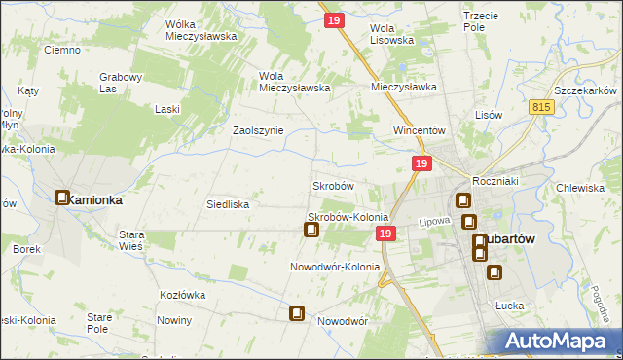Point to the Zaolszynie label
tap(257, 129)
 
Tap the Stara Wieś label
tap(130, 240)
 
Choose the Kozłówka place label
tap(182, 294)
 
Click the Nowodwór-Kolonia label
tap(334, 266)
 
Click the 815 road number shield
tap(543, 106)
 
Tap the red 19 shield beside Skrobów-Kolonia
tap(385, 234)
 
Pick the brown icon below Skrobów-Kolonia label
tap(311, 231)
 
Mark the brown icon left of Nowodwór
tap(297, 313)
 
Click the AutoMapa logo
tap(560, 342)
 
